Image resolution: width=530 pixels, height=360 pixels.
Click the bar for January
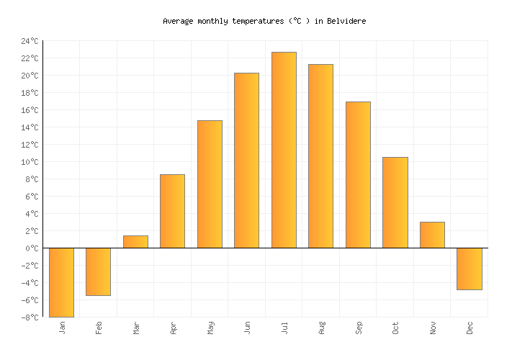61,282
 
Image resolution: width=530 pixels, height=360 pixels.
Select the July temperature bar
284,150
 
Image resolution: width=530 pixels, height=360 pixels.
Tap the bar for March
135,242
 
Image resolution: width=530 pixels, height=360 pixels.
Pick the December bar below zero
469,269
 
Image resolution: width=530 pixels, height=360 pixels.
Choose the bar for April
172,211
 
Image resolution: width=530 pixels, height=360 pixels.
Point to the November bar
432,235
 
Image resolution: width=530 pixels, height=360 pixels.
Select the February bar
98,271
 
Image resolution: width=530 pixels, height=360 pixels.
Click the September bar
358,175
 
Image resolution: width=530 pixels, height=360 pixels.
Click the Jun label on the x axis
247,328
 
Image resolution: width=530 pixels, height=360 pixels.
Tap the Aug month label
321,328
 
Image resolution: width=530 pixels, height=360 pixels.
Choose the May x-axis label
210,328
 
